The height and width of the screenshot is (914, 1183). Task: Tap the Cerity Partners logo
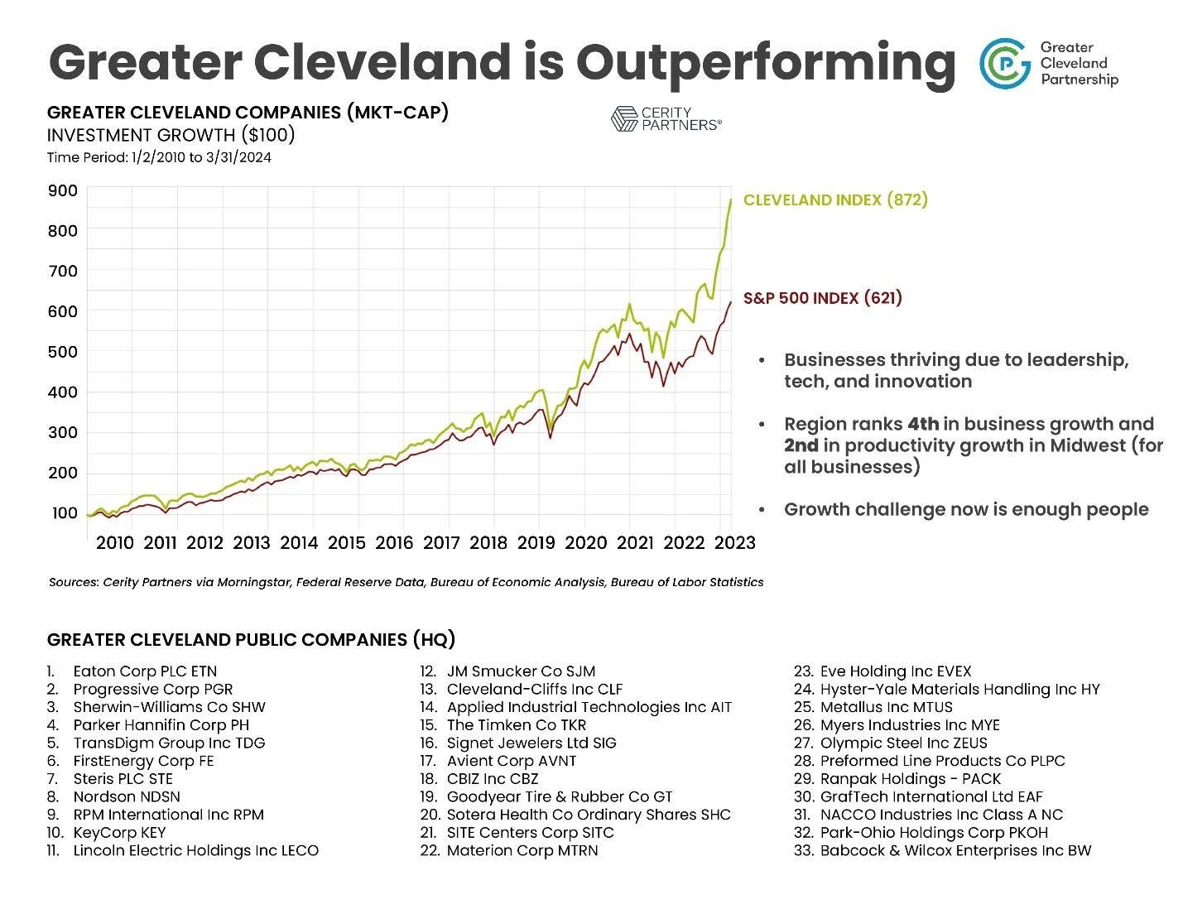pos(666,118)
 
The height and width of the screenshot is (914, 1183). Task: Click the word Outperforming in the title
pos(765,61)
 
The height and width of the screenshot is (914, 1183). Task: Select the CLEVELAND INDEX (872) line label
pos(835,200)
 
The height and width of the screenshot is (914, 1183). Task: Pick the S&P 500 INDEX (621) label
pos(822,298)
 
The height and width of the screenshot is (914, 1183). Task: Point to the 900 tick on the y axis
pos(64,190)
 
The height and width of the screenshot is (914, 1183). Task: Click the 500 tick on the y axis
pos(64,351)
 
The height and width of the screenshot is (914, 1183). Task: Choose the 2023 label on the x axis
pos(735,542)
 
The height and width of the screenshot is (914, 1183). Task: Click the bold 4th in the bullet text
pos(923,424)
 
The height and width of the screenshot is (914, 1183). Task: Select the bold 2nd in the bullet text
pos(801,445)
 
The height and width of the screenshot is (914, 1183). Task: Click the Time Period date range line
pos(159,157)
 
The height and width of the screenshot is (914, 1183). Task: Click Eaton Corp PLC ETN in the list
pos(145,671)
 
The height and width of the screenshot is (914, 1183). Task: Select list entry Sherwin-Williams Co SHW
pos(169,707)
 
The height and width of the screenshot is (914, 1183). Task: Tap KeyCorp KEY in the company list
pos(119,833)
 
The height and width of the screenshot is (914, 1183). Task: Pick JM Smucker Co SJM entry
pos(521,671)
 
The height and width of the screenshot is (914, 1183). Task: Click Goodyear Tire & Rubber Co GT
pos(560,796)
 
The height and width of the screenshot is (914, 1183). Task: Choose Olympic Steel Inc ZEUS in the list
pos(903,743)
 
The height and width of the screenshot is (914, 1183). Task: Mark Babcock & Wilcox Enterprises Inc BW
pos(955,850)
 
